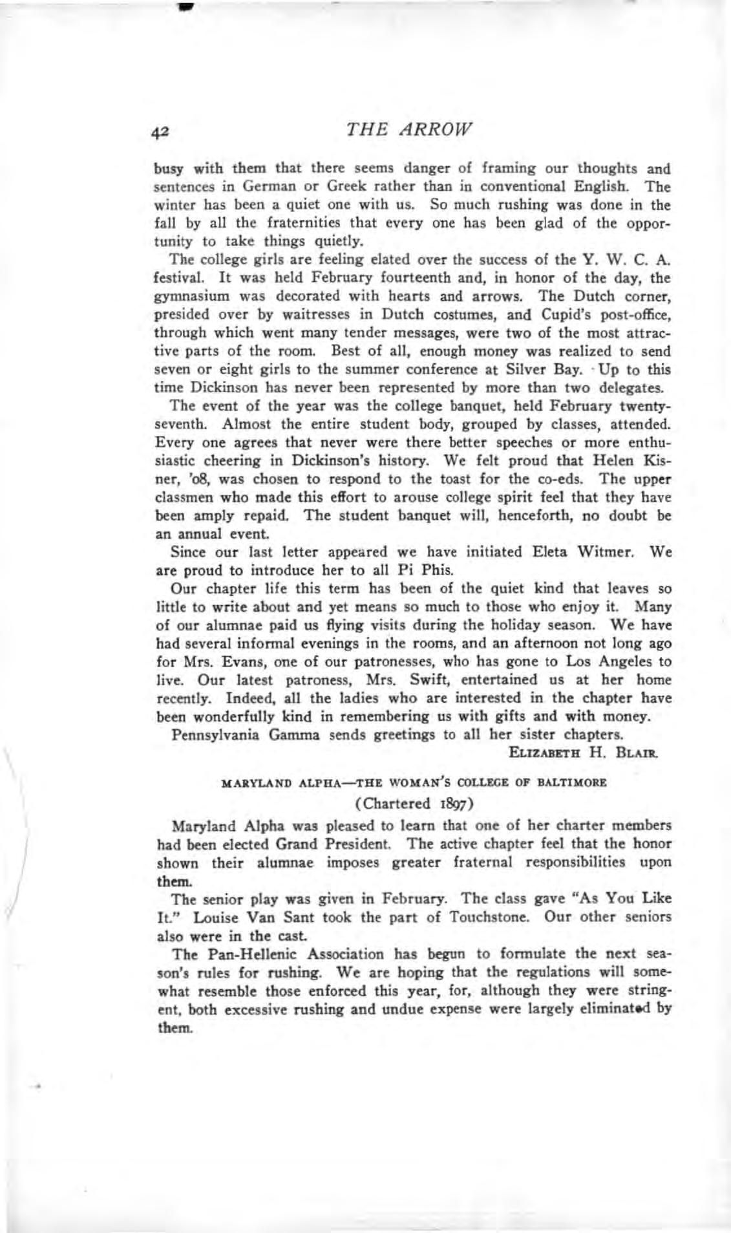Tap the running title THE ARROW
click(x=410, y=129)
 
